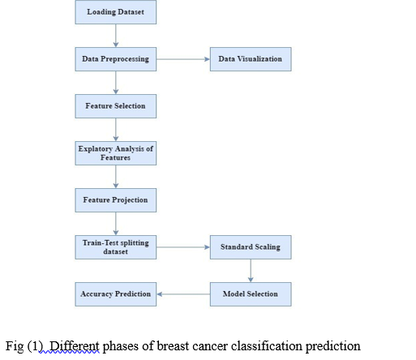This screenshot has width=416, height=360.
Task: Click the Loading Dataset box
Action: (x=116, y=12)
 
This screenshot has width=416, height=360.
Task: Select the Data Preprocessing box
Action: (x=116, y=59)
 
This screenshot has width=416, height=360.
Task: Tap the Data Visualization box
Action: (x=251, y=59)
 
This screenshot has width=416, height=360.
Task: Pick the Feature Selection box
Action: (x=116, y=106)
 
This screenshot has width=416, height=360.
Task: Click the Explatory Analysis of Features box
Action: (x=116, y=153)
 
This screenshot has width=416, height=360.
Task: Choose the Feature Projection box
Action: (x=116, y=200)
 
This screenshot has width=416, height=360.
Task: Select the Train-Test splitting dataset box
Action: (x=116, y=247)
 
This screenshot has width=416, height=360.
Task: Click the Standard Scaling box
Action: (x=251, y=247)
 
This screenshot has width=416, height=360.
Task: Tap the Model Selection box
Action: (x=251, y=294)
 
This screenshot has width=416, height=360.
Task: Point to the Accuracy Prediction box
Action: (x=116, y=294)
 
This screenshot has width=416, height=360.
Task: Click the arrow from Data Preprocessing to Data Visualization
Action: (x=183, y=59)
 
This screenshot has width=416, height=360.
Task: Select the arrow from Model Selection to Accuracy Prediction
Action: (x=183, y=294)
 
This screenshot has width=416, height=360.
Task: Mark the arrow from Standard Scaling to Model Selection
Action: (x=251, y=271)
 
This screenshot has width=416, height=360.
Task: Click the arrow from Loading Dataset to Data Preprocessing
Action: (x=116, y=36)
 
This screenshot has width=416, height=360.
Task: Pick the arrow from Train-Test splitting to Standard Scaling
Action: (x=183, y=247)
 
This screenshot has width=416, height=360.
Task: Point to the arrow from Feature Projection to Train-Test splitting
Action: (x=116, y=224)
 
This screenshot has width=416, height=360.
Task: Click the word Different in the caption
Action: (x=75, y=346)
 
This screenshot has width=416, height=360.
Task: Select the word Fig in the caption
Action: (x=15, y=347)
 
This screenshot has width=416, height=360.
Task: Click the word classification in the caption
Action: (x=267, y=346)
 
